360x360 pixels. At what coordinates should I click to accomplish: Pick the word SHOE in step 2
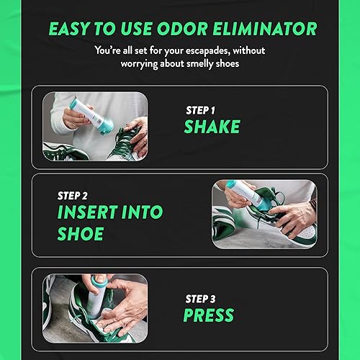pos(81,234)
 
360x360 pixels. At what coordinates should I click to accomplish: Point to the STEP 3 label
pos(202,297)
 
